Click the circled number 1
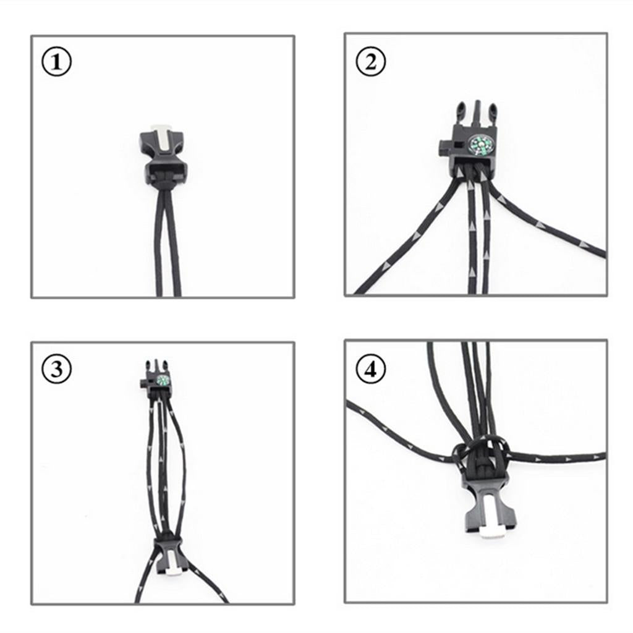click(x=56, y=62)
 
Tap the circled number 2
click(x=371, y=62)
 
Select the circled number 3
click(x=56, y=370)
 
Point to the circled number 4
click(x=371, y=369)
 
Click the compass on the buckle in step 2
click(x=480, y=146)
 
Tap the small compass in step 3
click(x=163, y=380)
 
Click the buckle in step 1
click(x=162, y=155)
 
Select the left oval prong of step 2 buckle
click(x=461, y=113)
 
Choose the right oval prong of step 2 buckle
click(x=493, y=113)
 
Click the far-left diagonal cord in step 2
click(x=408, y=236)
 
